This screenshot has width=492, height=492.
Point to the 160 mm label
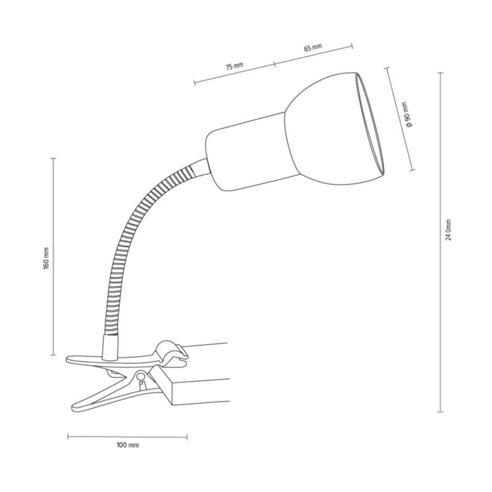(46, 261)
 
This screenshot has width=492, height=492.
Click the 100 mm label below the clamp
(127, 445)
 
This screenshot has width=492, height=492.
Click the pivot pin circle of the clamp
(141, 376)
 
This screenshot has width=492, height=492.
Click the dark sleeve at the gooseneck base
(109, 347)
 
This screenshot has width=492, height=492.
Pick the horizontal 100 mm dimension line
(127, 437)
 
